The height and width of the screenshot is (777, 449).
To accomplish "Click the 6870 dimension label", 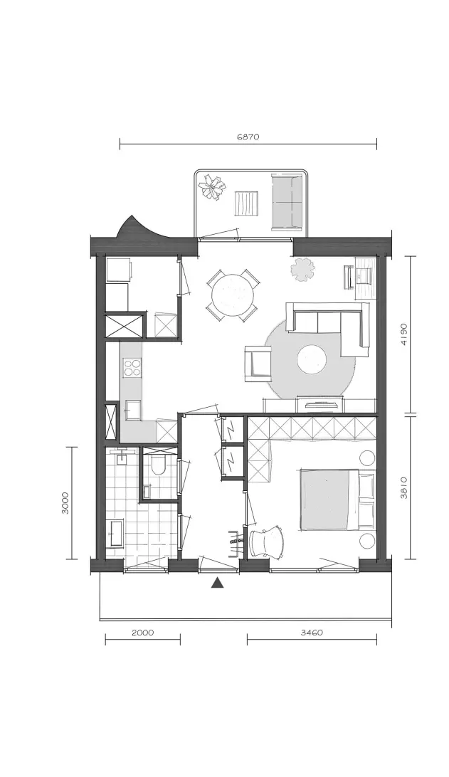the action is [248, 137].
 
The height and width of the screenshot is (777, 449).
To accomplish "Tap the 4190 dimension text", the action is [404, 335].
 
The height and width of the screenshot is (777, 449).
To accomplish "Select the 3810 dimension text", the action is [404, 487].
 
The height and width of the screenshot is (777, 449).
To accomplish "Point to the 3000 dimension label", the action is [66, 503].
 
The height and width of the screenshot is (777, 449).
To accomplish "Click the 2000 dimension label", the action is [143, 633].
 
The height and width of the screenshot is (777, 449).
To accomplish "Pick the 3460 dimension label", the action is [312, 633].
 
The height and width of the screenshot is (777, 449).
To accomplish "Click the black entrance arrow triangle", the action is [216, 583].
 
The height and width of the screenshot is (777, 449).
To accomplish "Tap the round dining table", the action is [233, 296].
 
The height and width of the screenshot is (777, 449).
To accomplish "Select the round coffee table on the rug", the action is [312, 360].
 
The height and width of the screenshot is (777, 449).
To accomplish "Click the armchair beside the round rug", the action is [258, 363].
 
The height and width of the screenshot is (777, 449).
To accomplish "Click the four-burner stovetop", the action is [132, 368].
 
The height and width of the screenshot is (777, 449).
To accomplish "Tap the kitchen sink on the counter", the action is [132, 410].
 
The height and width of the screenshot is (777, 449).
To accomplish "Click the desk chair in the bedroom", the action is [267, 542].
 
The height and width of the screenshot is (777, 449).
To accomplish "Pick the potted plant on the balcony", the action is [213, 188].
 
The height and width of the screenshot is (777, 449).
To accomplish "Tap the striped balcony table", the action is [246, 203].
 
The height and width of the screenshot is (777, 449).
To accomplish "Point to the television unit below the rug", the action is [319, 404].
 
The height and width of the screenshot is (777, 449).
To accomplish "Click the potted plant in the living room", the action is [303, 270].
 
